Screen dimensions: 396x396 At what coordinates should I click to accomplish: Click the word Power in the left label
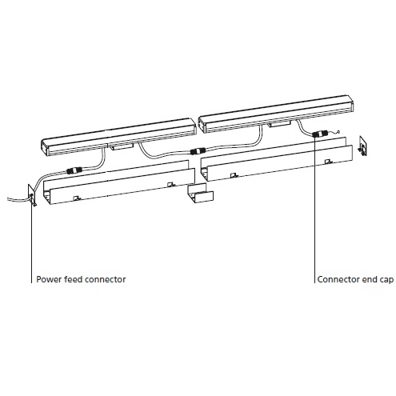coord(46,279)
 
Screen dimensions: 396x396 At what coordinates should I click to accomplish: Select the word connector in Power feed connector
coord(101,279)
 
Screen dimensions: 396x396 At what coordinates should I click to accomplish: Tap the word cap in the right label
coord(386,280)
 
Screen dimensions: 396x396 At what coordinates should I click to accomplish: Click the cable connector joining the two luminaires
coord(198,151)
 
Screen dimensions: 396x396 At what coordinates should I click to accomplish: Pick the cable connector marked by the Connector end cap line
coord(319,134)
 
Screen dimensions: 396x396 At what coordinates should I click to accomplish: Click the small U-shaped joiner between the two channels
coord(200,193)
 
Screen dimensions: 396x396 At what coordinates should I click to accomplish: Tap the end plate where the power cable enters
coord(32,195)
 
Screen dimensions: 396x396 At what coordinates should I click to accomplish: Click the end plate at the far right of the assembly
coord(363,146)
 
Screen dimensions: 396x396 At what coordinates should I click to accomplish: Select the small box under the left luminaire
coord(122,146)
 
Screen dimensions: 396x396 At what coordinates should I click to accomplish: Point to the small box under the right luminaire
coord(279,123)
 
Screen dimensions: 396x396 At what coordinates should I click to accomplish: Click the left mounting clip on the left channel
coord(77,198)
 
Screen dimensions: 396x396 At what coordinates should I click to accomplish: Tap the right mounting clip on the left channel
coord(170,184)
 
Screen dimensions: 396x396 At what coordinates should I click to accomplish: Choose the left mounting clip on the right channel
coord(234,175)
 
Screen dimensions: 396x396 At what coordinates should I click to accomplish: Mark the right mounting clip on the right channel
coord(328,161)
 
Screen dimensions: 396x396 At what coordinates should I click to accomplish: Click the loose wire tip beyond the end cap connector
coord(338,130)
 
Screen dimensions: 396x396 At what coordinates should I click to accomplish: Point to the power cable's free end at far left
coord(8,198)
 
